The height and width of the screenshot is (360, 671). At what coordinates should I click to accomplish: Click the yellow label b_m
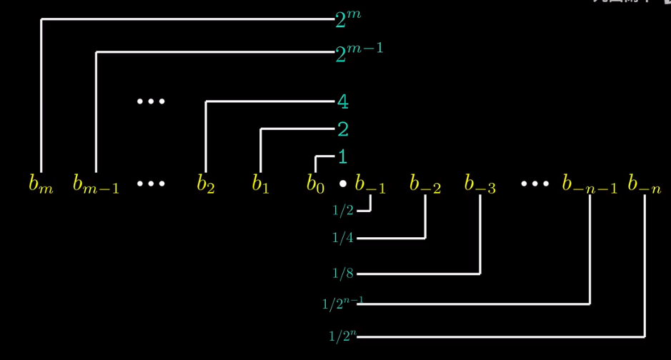click(x=41, y=184)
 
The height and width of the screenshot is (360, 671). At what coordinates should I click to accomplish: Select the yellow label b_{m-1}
click(x=96, y=184)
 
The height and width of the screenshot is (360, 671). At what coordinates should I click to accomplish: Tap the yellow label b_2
click(x=206, y=184)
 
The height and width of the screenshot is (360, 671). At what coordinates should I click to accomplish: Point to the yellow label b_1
click(x=260, y=184)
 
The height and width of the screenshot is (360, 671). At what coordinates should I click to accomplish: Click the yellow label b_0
click(x=315, y=184)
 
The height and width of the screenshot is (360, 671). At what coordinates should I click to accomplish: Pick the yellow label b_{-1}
click(x=370, y=184)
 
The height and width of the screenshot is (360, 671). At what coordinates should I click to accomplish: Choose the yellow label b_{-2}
click(x=425, y=184)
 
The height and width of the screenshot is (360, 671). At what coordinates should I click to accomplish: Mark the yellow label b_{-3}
click(x=479, y=184)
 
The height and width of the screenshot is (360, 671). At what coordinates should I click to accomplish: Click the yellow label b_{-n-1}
click(x=590, y=184)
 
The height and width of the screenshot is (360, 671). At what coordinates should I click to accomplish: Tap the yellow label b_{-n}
click(x=644, y=184)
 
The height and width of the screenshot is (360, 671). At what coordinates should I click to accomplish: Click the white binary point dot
click(x=342, y=184)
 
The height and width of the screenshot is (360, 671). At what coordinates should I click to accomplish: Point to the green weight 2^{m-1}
click(x=359, y=52)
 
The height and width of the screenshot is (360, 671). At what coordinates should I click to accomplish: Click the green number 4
click(x=343, y=102)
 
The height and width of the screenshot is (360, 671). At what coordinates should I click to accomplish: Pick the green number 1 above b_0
click(x=343, y=156)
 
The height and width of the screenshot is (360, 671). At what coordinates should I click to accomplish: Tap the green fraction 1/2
click(x=343, y=211)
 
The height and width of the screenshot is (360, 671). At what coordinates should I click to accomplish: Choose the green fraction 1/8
click(x=343, y=274)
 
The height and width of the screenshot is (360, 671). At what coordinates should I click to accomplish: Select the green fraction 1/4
click(x=343, y=238)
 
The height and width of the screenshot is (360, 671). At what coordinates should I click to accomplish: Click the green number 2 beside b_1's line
click(x=343, y=129)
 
